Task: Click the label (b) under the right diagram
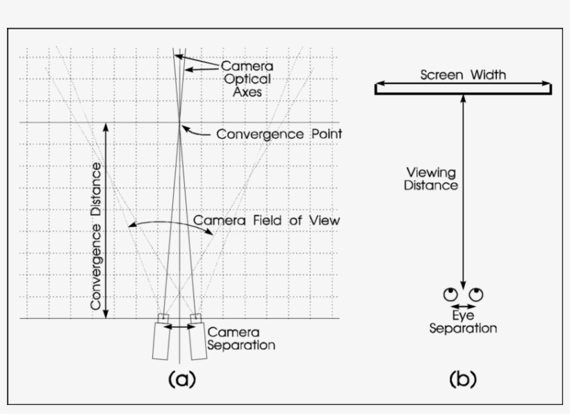463,379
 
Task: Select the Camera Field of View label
266,220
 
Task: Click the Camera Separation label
241,338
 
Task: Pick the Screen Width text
463,74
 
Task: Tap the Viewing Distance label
432,179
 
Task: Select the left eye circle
450,293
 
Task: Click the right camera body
198,341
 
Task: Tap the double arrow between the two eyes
463,306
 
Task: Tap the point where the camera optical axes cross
180,123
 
